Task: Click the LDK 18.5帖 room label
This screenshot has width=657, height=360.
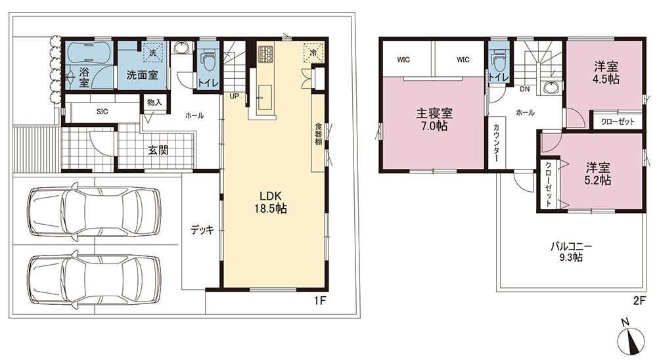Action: tap(271, 202)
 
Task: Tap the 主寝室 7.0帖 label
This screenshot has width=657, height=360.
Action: tap(434, 120)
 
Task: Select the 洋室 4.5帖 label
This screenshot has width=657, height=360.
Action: tap(606, 73)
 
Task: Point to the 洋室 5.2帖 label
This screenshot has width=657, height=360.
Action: tap(598, 174)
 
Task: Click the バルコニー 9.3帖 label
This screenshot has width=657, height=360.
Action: tap(571, 252)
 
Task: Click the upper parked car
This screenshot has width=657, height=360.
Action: tap(94, 212)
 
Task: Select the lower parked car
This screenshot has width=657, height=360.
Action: tap(94, 280)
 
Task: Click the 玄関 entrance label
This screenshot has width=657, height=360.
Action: tap(158, 150)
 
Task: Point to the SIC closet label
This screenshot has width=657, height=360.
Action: tap(102, 112)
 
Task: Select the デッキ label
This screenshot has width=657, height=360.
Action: tap(202, 230)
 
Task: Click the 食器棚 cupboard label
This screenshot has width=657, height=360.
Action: tap(319, 134)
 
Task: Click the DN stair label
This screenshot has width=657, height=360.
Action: tap(524, 89)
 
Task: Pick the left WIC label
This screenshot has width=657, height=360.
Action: tap(403, 60)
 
